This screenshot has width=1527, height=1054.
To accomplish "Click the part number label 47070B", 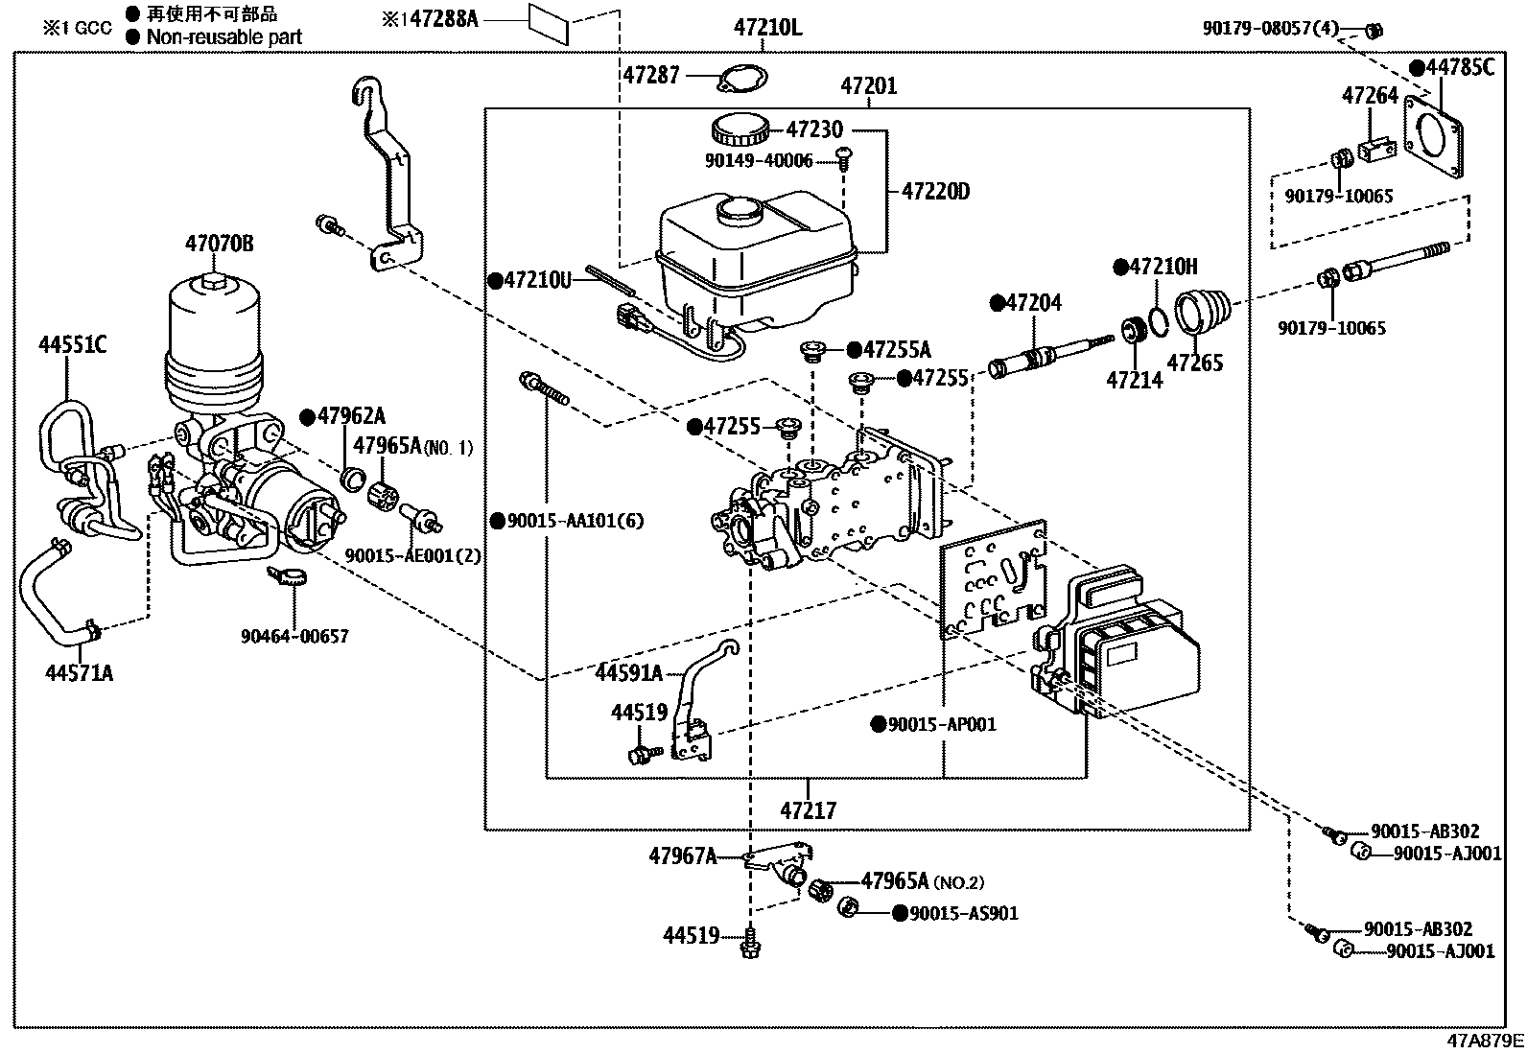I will coord(220,246).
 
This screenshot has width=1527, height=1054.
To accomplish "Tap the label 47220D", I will coord(934,192).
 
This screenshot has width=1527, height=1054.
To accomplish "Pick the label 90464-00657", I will coord(294,636).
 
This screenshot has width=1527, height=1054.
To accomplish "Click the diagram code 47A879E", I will coord(1485,1042).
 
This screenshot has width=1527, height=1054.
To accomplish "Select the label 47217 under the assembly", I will coord(808,810).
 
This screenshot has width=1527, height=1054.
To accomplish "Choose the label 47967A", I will coord(682,855).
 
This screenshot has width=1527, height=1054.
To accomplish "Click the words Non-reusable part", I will coord(223,37).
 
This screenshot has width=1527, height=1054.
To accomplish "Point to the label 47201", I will coord(868,86).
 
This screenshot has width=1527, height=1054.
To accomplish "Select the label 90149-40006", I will coord(757,161).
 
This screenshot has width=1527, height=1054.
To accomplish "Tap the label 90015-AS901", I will coord(963,914).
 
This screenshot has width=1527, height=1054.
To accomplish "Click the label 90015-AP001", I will coord(941,724).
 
